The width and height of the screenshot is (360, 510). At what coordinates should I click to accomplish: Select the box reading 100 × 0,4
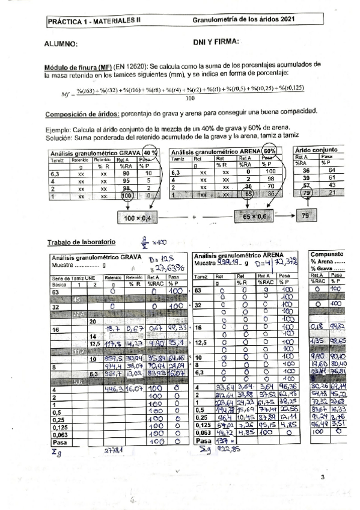click(x=138, y=218)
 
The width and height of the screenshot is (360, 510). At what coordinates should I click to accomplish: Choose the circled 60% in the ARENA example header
click(x=269, y=152)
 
